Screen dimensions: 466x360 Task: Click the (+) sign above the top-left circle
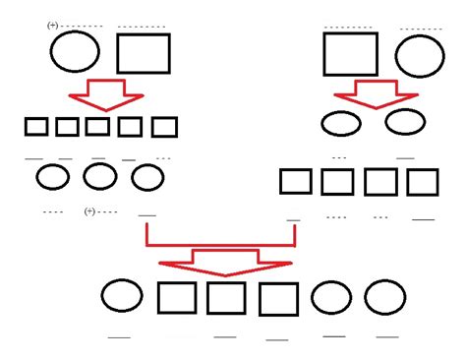(52, 27)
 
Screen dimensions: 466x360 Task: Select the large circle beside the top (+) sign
(75, 52)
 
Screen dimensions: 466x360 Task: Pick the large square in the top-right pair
(350, 53)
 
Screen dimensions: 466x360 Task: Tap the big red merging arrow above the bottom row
(223, 258)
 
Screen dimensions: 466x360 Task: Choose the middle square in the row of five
(97, 127)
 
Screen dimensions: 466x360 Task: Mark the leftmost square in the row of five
(36, 127)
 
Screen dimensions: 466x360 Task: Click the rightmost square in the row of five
(164, 127)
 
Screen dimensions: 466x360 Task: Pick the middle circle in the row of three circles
(99, 177)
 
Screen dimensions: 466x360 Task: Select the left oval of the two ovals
(340, 124)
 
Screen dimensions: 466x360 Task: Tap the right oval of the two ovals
(404, 122)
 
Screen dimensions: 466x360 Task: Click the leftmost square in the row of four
(296, 182)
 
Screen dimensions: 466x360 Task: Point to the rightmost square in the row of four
(423, 182)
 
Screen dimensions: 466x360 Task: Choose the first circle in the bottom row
(122, 297)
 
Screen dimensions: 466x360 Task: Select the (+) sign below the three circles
(90, 211)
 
